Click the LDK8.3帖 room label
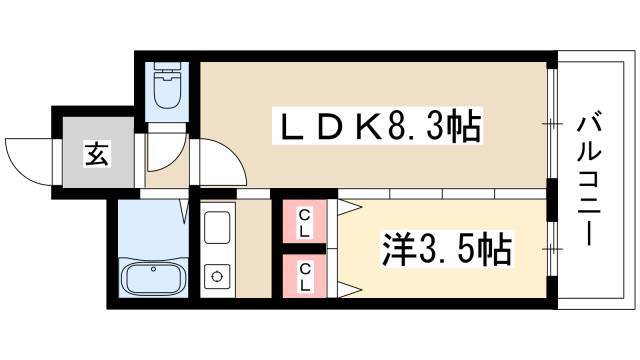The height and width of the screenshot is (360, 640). coord(377,126)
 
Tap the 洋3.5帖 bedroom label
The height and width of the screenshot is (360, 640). coord(447,249)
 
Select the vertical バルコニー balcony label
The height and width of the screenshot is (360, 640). coord(589,181)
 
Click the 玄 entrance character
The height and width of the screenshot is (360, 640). coord(97,153)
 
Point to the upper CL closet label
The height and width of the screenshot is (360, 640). coord(304,222)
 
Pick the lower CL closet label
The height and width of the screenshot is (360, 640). coord(304,277)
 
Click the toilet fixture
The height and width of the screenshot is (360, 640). coord(167,85)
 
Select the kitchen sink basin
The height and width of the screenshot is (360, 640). coord(217,227)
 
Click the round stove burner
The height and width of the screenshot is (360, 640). coord(217,276)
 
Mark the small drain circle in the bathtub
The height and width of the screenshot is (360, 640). coord(153,269)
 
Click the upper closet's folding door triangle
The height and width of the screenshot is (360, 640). coord(349,207)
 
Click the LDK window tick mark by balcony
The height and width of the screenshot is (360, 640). coord(552,123)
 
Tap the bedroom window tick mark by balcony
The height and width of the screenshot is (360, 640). coord(552,248)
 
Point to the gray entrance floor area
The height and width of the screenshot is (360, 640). coord(98,152)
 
